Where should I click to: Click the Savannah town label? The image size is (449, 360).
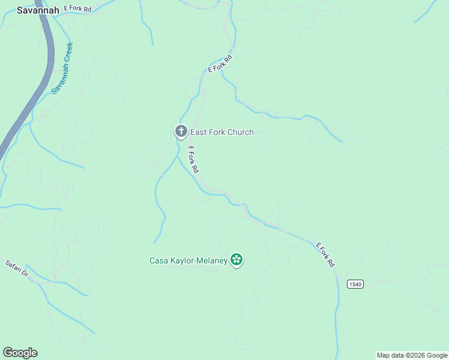[38, 10]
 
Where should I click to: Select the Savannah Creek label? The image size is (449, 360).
[62, 67]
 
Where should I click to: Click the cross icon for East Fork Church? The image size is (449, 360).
[180, 131]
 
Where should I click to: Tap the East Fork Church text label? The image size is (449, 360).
[221, 132]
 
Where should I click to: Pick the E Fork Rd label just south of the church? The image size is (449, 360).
[193, 160]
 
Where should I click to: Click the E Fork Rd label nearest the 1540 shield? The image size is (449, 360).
[325, 254]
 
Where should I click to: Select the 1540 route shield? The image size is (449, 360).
[355, 284]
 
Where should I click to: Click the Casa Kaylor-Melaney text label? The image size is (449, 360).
[188, 260]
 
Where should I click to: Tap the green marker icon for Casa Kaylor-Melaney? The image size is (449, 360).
[237, 260]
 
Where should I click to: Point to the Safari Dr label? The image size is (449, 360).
[16, 268]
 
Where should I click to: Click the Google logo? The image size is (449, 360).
[20, 353]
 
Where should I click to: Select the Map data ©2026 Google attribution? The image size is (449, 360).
[412, 355]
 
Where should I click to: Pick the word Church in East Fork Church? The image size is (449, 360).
[238, 132]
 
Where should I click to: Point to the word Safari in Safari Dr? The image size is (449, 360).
[13, 265]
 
